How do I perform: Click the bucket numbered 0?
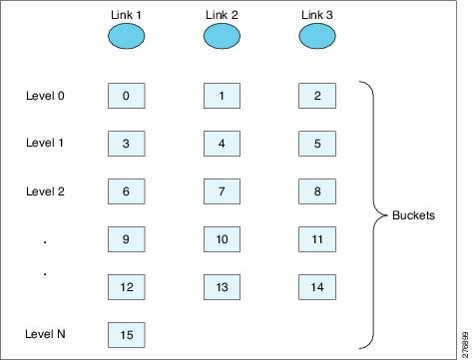(x=126, y=96)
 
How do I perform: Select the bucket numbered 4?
(x=222, y=144)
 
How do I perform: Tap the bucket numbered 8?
(x=317, y=191)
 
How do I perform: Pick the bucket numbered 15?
(x=126, y=334)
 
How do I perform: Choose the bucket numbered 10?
(x=222, y=239)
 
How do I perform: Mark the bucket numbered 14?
(x=317, y=287)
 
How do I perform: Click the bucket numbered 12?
(x=126, y=287)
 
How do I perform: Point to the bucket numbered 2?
(x=317, y=96)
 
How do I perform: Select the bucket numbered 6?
(x=126, y=191)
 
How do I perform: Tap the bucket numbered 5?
(x=317, y=144)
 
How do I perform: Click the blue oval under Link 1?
(x=126, y=37)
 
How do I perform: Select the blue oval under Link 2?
(x=222, y=37)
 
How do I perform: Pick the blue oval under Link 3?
(x=317, y=37)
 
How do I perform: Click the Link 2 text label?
(x=222, y=12)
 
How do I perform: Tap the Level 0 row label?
(x=45, y=96)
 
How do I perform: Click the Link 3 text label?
(x=317, y=12)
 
